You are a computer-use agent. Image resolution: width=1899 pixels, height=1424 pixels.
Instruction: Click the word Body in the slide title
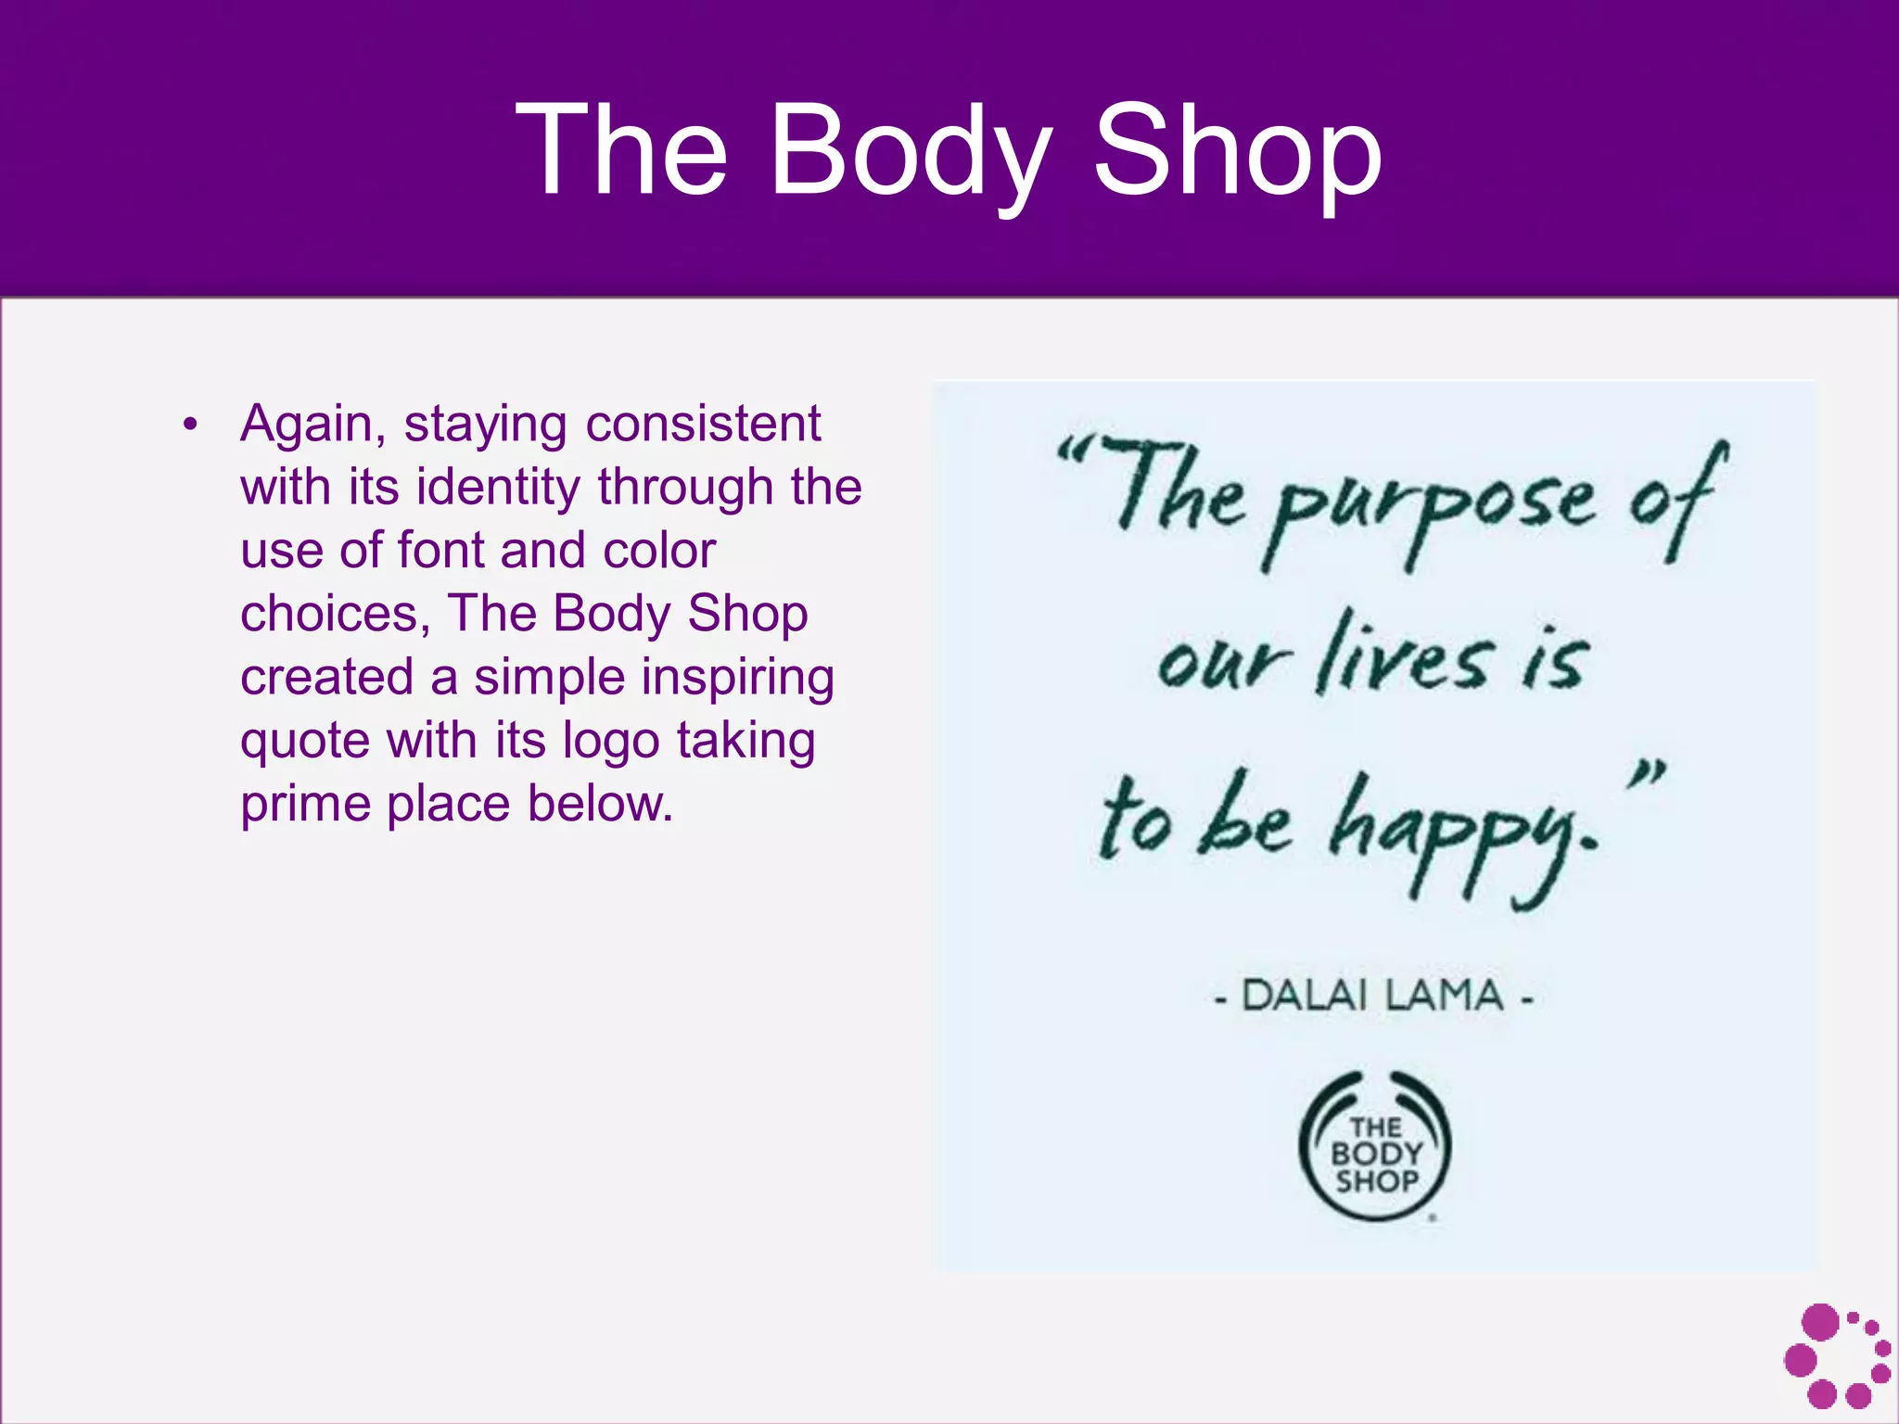(x=912, y=154)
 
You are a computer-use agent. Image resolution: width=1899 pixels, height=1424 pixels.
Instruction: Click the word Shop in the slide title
(x=1239, y=154)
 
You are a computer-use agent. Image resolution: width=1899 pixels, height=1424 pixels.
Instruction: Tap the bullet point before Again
(x=190, y=426)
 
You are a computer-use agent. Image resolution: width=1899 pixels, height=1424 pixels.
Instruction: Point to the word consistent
(x=703, y=425)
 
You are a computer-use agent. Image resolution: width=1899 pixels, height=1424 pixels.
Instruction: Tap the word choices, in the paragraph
(x=335, y=614)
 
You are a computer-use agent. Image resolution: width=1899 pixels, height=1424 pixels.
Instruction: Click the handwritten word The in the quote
(x=1178, y=491)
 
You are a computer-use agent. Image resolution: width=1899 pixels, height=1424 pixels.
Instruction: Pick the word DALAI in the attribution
(x=1303, y=997)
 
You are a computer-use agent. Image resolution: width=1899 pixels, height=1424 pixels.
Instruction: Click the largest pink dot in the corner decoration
(x=1821, y=1322)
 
